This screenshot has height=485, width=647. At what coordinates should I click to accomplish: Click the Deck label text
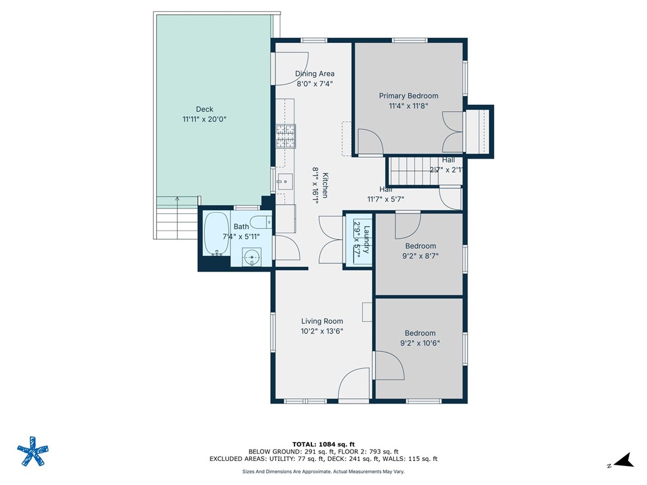pos(204,109)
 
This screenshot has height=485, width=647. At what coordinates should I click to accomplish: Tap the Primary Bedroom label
pos(408,96)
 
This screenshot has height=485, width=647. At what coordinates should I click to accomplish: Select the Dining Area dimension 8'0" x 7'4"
pos(314,83)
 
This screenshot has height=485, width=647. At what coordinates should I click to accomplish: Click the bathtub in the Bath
pos(216,234)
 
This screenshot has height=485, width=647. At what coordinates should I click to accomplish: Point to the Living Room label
pos(322,321)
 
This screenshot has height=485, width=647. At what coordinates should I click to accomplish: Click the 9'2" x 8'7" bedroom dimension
pos(420,256)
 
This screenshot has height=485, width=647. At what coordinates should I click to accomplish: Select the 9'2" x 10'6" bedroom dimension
pos(420,344)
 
